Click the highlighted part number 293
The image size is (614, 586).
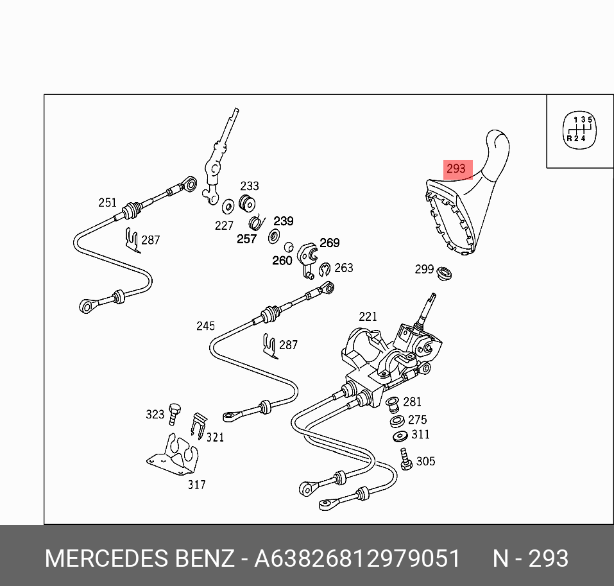click(456, 169)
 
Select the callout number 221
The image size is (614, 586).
click(368, 316)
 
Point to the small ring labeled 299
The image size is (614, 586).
click(445, 274)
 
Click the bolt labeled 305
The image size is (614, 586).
click(405, 459)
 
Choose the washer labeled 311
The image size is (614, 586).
click(400, 436)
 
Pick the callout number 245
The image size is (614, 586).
click(205, 326)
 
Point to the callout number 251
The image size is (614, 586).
click(107, 203)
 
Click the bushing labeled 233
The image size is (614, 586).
click(246, 203)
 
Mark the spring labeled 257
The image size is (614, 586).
click(255, 222)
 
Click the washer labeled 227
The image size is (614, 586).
click(228, 207)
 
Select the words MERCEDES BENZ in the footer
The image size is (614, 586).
click(139, 558)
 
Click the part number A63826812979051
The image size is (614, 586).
click(357, 558)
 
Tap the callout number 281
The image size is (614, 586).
click(412, 402)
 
